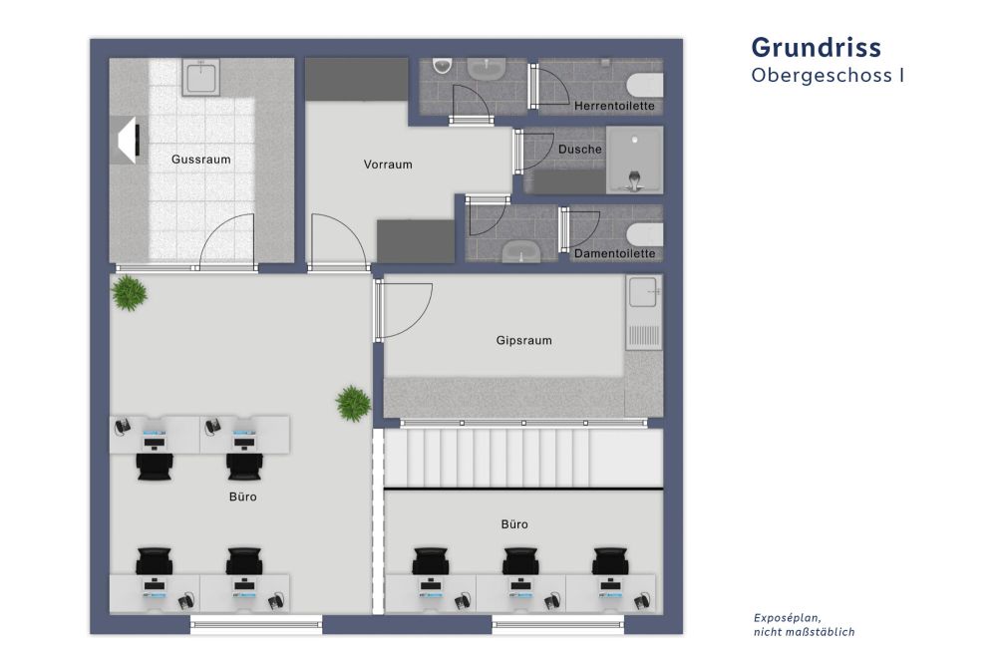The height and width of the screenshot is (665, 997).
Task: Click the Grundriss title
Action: tap(816, 47)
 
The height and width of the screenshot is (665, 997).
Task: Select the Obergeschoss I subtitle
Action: tap(828, 75)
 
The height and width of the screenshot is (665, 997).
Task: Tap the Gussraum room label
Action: tap(200, 159)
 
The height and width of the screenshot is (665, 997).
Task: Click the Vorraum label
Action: tap(388, 165)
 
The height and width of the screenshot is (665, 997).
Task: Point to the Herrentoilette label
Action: tap(614, 106)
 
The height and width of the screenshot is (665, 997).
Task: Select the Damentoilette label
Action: tap(615, 253)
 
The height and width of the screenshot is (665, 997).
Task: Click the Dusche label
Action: tap(579, 150)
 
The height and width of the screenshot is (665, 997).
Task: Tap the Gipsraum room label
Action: tap(523, 340)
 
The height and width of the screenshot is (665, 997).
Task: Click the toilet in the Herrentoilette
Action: tap(645, 83)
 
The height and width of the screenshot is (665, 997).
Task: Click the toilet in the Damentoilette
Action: tap(645, 234)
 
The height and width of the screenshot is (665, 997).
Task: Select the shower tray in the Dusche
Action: tap(634, 160)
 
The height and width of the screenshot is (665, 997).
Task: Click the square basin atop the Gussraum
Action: tap(200, 77)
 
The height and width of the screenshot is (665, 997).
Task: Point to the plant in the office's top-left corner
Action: tap(129, 293)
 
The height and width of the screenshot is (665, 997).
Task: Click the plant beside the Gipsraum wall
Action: tap(353, 403)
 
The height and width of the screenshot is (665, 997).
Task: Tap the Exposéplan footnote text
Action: tap(804, 624)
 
